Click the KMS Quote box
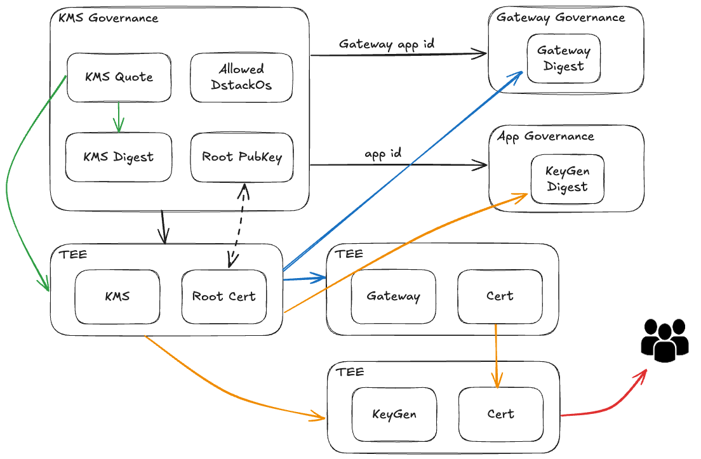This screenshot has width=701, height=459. tap(119, 77)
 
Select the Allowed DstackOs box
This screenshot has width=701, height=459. tap(241, 77)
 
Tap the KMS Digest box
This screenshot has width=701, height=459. tap(119, 157)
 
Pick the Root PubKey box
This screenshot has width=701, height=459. tap(242, 157)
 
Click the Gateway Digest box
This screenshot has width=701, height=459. tap(564, 58)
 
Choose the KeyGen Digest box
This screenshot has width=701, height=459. tap(567, 179)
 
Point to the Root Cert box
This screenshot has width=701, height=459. tap(224, 296)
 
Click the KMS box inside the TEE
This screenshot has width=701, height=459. tap(117, 296)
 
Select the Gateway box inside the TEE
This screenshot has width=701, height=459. tap(394, 296)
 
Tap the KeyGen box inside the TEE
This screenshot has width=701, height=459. tap(394, 415)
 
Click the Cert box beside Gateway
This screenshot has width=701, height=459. tap(500, 296)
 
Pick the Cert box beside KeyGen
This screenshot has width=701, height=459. tap(501, 415)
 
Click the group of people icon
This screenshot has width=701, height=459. tap(665, 340)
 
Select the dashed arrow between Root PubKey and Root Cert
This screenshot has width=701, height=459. tap(237, 226)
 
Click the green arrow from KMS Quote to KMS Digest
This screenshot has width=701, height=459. tap(119, 117)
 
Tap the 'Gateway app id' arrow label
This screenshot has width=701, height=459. tap(386, 44)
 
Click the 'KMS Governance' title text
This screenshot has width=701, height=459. tap(108, 18)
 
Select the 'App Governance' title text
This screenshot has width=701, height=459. tap(546, 136)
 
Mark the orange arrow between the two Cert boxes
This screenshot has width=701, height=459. tap(497, 356)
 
